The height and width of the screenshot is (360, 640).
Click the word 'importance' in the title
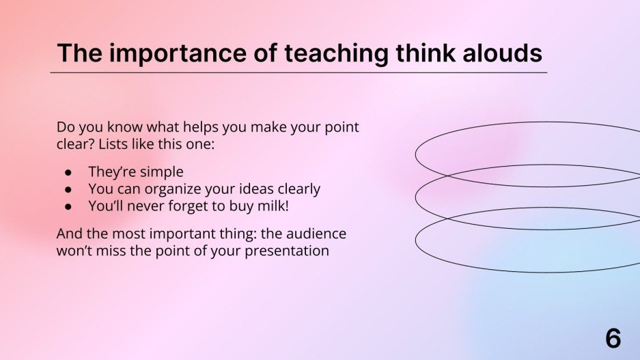tap(178, 53)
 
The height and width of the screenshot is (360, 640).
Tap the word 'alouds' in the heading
tap(503, 53)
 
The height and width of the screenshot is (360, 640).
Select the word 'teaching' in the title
tap(336, 53)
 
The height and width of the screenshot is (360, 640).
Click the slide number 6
tap(613, 338)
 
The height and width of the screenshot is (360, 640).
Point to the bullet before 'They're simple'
tap(68, 173)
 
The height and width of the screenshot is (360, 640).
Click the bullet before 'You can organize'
tap(68, 190)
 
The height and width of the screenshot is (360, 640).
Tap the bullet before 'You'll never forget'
tap(68, 207)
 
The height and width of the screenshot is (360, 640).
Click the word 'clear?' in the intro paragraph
tap(76, 145)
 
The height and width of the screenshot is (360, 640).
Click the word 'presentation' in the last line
tap(287, 251)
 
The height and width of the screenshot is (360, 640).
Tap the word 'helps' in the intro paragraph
tap(200, 127)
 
